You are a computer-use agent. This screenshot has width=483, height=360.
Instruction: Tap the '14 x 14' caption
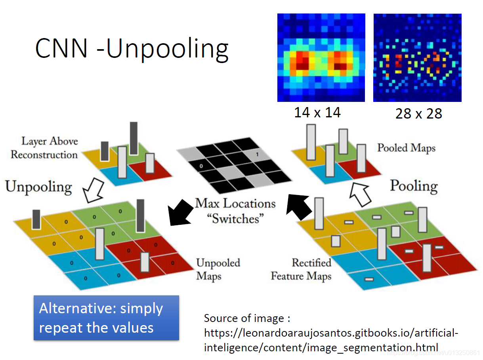point(317,113)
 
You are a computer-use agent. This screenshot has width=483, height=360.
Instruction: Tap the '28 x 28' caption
point(418,114)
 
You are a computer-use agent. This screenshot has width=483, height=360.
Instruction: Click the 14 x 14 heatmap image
point(321,58)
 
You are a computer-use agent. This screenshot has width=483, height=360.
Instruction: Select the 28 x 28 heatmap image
point(417,58)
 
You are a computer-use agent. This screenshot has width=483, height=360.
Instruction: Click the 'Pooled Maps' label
point(406,148)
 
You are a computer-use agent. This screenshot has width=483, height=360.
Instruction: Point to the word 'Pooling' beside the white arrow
point(414,186)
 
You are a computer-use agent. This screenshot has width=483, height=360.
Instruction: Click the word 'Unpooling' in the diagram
point(38,187)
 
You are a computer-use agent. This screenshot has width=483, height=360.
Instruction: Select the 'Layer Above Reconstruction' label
point(44,148)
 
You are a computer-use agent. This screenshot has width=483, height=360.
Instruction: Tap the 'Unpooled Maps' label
point(218,269)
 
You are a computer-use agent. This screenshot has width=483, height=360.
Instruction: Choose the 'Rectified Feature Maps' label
point(301,269)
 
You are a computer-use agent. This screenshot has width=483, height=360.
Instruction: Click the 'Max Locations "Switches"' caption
point(235,211)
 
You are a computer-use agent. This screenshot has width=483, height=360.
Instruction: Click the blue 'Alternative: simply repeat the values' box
point(106,318)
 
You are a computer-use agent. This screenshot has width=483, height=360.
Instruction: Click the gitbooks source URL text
point(331,340)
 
